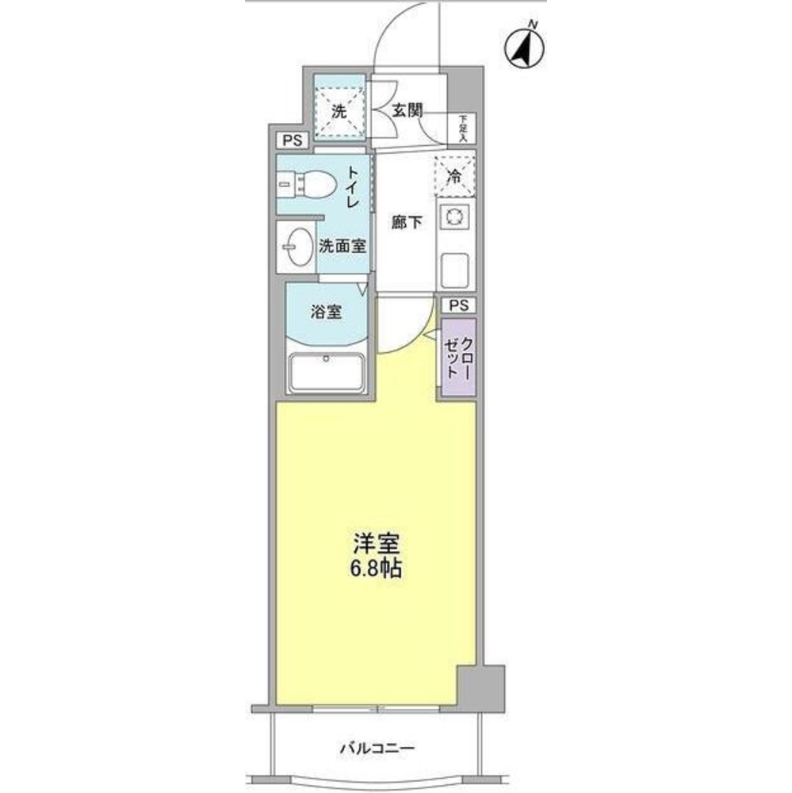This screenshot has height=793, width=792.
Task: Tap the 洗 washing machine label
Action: coord(339,112)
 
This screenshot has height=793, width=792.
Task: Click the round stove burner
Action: coord(455,216)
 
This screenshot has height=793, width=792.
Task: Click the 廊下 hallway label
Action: coord(406,223)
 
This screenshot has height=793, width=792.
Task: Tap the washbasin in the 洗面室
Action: coord(297,247)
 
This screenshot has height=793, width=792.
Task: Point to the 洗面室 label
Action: coord(342,247)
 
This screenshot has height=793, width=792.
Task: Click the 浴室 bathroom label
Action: coord(326,312)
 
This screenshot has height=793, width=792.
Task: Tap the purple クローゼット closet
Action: coord(459,358)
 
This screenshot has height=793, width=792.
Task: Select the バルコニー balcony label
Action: coord(377,748)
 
